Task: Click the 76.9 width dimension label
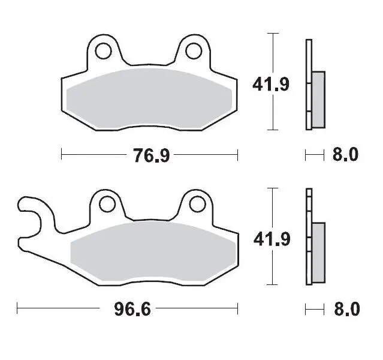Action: (150, 156)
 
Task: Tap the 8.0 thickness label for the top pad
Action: (345, 155)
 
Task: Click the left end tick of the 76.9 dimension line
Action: (62, 156)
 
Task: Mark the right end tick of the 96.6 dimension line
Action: (238, 310)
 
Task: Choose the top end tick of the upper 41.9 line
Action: (274, 34)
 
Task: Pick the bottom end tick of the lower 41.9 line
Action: (274, 284)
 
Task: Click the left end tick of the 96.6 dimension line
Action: (17, 310)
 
